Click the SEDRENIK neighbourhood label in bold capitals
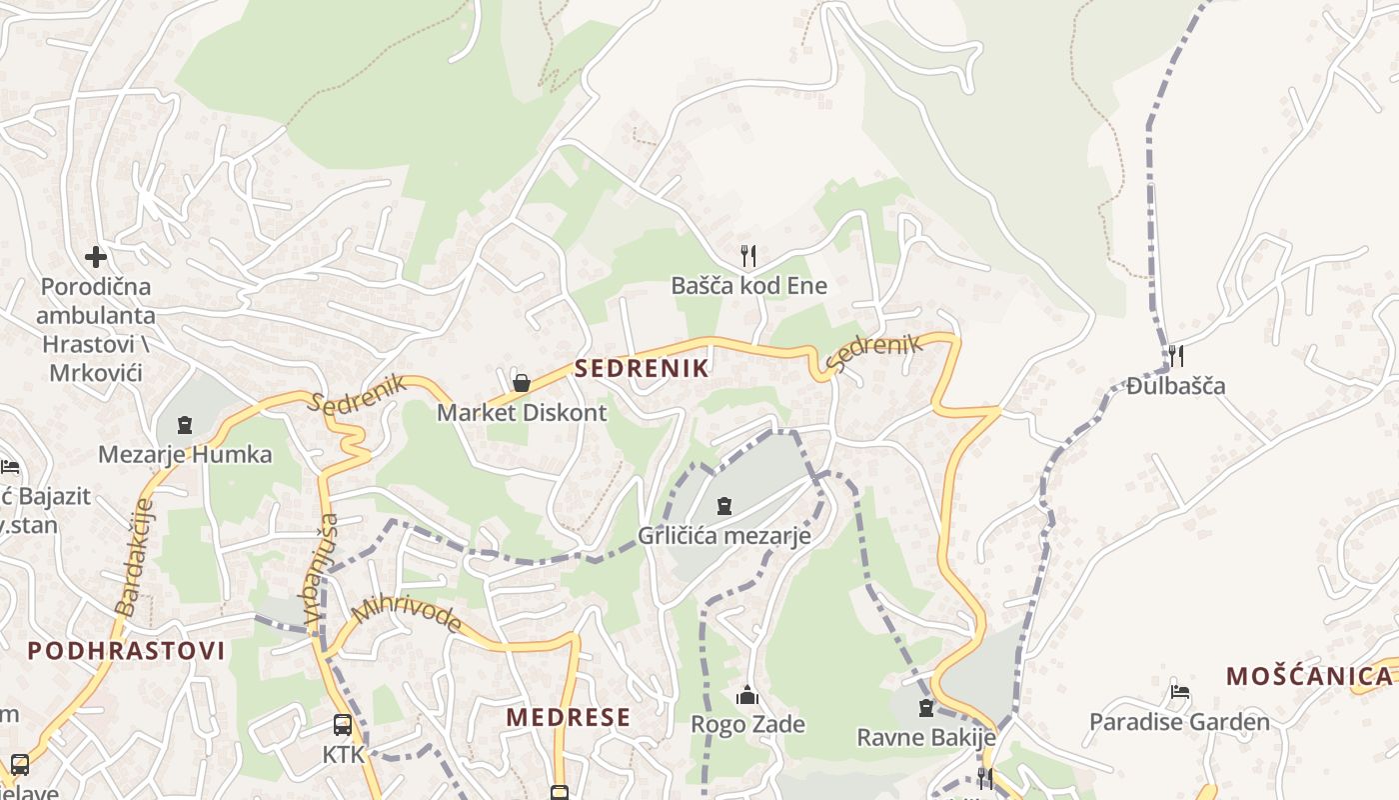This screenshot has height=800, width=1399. tap(642, 368)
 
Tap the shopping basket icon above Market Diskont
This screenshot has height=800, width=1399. tap(521, 382)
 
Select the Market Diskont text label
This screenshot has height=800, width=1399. tap(522, 412)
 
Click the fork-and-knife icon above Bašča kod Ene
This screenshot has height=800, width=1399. tap(748, 256)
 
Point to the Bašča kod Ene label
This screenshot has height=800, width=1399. tap(748, 286)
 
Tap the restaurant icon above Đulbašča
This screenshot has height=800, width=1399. tap(1176, 355)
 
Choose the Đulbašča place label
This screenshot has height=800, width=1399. tap(1176, 386)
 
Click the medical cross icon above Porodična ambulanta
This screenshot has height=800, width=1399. tap(96, 257)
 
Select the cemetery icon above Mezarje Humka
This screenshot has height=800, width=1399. tap(184, 426)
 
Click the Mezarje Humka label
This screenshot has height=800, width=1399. tap(185, 455)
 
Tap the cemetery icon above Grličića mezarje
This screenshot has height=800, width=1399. tap(724, 506)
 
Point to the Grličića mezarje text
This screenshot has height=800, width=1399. tap(724, 536)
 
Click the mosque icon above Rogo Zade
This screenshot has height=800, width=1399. tap(747, 695)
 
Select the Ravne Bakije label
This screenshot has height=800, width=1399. tap(926, 738)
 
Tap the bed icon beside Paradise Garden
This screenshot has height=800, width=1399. tap(1180, 691)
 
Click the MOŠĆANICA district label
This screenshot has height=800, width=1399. tap(1308, 676)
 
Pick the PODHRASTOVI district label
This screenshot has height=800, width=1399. tap(126, 651)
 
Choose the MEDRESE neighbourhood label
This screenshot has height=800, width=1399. tap(568, 717)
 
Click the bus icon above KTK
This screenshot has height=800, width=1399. tap(343, 725)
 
